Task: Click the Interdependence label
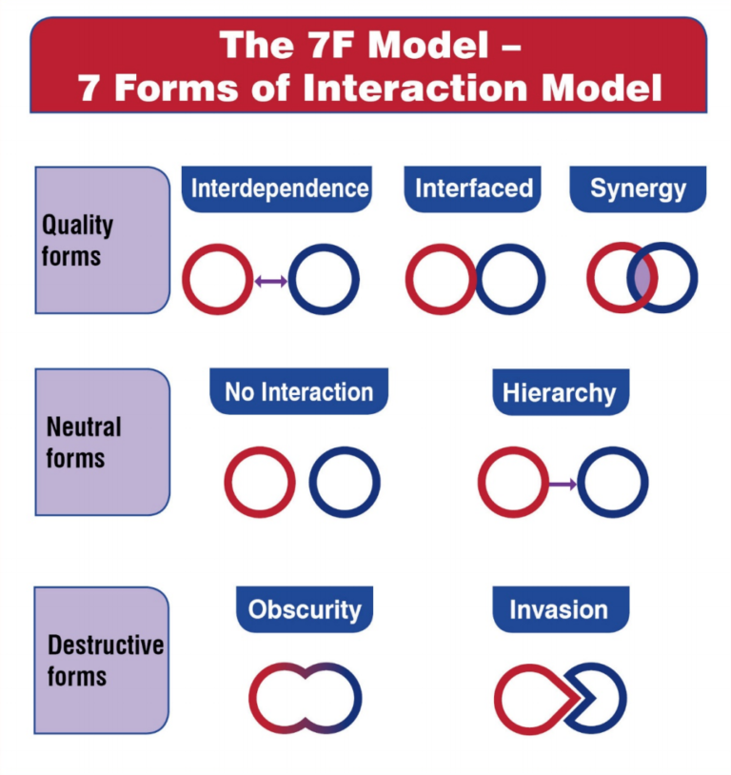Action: tap(279, 189)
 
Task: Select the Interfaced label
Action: tap(473, 189)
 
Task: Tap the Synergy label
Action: tap(638, 189)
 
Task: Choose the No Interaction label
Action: tap(299, 391)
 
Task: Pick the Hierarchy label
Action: tap(560, 392)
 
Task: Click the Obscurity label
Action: tap(305, 609)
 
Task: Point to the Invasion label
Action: tap(559, 609)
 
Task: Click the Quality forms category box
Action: tap(103, 240)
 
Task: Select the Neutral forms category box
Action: tap(103, 442)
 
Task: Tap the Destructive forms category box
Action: tap(103, 661)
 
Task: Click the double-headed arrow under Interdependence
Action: tap(271, 281)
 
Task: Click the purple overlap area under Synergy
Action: tap(642, 278)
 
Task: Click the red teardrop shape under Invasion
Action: tap(502, 700)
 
